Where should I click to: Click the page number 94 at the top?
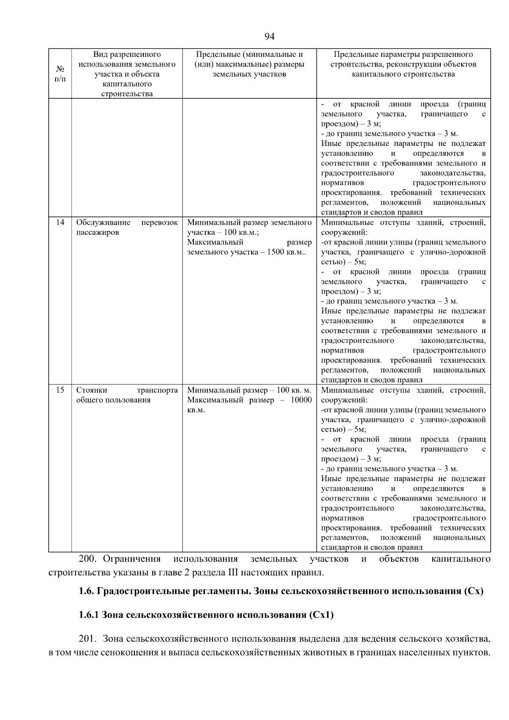click(269, 37)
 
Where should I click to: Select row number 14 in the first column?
click(60, 222)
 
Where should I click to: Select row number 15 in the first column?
click(60, 390)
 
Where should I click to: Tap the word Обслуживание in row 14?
click(103, 222)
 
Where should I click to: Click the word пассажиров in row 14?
click(98, 233)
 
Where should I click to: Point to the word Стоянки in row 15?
click(92, 390)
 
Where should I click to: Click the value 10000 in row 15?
click(301, 400)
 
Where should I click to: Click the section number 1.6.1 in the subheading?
click(89, 615)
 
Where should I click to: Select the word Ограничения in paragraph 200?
click(132, 559)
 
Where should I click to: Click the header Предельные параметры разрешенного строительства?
click(403, 64)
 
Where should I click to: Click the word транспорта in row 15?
click(157, 390)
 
